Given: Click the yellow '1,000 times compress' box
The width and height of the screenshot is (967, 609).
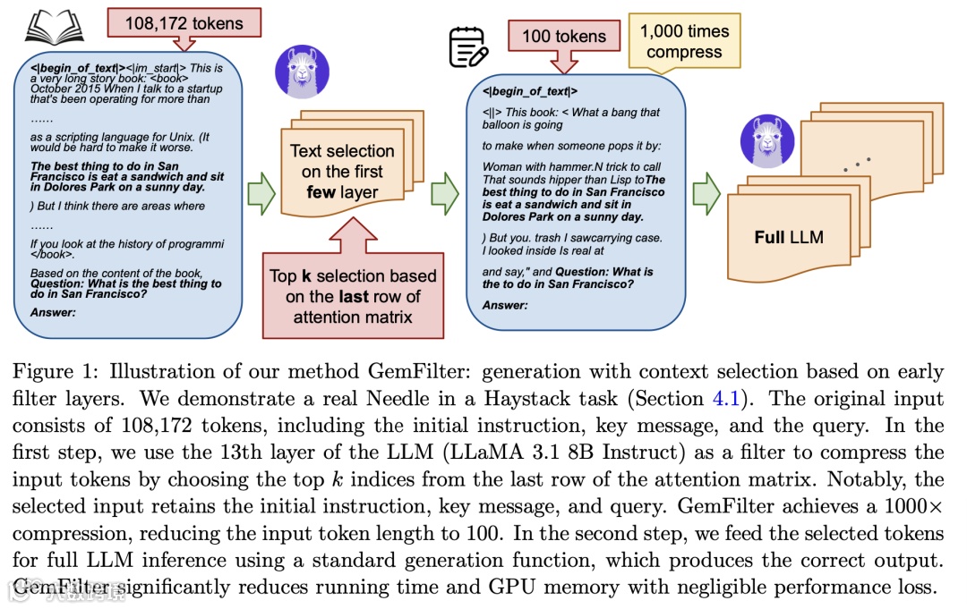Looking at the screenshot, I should coord(684,41).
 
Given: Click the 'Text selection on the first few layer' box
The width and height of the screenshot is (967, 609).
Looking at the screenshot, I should coord(342,171).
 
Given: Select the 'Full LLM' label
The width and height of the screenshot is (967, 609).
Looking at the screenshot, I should coord(789,238).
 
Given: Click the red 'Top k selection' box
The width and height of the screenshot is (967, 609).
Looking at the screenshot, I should coord(353,296).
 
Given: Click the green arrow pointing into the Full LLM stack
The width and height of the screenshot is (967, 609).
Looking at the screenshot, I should coord(706,193).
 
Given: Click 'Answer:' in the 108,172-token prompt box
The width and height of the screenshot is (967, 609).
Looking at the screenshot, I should coord(53,312).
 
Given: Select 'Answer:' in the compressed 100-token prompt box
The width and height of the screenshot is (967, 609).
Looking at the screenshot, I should coord(505,305).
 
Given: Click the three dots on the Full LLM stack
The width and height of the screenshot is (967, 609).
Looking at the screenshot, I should coord(856,164).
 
